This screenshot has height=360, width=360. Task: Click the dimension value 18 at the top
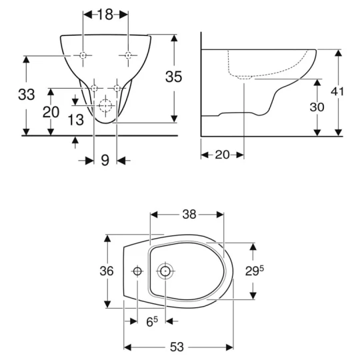point(105,15)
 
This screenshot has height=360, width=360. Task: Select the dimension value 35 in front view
point(173,77)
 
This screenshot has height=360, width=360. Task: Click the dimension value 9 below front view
point(105,161)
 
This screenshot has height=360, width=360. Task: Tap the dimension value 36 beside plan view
point(106,271)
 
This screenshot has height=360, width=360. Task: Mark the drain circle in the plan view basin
point(165,271)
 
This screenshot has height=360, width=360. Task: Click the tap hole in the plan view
point(137,271)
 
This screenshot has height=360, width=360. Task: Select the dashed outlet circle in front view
point(105,107)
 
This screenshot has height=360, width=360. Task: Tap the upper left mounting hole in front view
point(83,54)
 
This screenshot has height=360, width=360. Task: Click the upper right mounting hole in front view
point(128,54)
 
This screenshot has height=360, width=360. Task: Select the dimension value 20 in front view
point(51,112)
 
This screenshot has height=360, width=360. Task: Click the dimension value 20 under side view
point(222,155)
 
